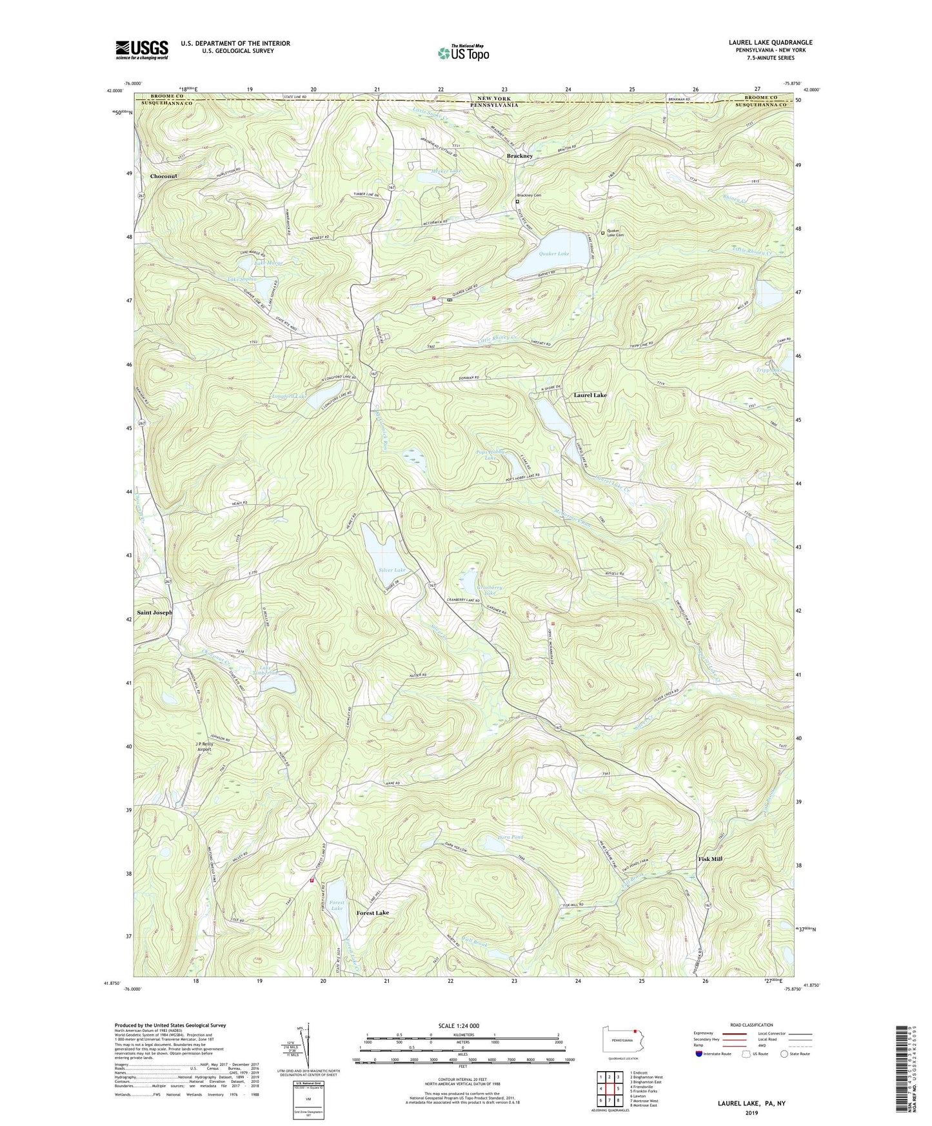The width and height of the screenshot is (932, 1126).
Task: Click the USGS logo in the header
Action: click(x=142, y=50)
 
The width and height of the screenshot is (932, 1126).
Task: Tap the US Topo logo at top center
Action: click(x=462, y=53)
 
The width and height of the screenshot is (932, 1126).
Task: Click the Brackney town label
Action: click(x=520, y=156)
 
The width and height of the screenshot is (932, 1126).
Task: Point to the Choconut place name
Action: click(x=163, y=176)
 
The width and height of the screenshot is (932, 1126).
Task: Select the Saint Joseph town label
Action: click(x=155, y=612)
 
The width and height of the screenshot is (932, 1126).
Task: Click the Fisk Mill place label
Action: click(x=710, y=859)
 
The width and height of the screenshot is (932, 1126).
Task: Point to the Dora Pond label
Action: click(x=511, y=838)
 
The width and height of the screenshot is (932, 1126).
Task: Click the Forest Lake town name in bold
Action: click(x=373, y=913)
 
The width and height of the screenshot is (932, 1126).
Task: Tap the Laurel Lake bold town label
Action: click(x=590, y=395)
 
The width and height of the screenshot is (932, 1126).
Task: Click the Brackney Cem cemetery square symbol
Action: click(x=517, y=201)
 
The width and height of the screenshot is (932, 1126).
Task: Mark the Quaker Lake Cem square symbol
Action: click(x=603, y=233)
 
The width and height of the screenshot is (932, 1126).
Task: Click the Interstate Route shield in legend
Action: click(x=700, y=1054)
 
